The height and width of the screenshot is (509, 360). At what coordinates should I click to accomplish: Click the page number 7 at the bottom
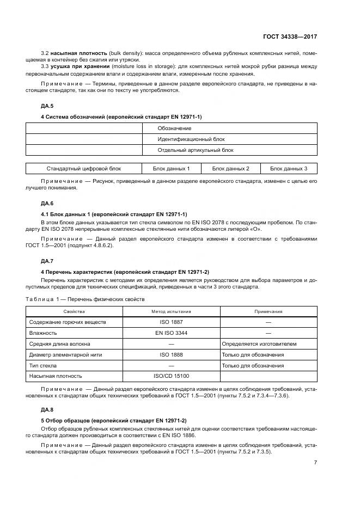point(315,462)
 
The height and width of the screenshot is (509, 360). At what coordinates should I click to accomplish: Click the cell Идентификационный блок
point(188,139)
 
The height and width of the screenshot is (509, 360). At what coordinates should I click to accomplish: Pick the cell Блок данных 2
point(230,169)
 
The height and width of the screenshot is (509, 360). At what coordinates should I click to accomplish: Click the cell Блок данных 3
point(288,169)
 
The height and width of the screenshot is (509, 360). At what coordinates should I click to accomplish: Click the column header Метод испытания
point(171,311)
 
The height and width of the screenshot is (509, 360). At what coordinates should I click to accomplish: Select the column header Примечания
point(268,311)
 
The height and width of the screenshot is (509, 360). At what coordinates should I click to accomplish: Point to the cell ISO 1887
point(171,322)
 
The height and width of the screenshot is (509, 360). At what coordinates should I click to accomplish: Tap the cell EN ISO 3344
point(171,333)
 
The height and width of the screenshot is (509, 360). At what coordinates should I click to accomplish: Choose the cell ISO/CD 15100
point(171,376)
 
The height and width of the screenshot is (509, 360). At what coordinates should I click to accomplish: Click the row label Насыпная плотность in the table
point(56,376)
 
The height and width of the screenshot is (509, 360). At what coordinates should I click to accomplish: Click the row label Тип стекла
point(43,365)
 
